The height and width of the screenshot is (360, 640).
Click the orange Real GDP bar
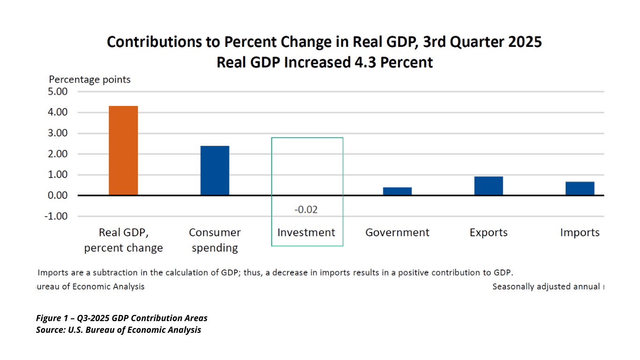pos(123,150)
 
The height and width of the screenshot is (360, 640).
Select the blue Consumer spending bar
pos(215,171)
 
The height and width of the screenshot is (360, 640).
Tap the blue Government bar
pos(397,191)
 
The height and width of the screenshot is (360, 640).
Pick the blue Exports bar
pos(488,186)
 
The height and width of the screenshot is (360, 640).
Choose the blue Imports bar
pos(580,188)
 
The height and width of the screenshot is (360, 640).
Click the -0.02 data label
pos(306,210)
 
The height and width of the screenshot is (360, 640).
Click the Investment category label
pos(306,232)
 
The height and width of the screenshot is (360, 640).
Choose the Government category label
pos(397,232)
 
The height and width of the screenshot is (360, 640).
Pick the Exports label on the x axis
pos(488,232)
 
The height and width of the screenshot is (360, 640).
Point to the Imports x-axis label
pos(580,232)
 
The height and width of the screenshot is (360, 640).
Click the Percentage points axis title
pos(90,80)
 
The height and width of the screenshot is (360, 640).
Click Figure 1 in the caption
pos(53,318)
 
